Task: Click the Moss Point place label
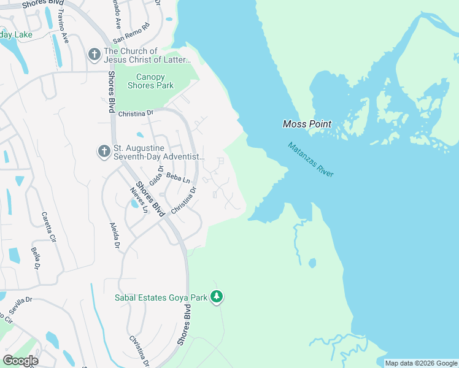point(307,124)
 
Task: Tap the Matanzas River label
point(311,160)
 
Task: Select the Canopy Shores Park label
point(150,81)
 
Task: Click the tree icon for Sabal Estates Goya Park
point(216,297)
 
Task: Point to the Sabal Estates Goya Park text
point(161,298)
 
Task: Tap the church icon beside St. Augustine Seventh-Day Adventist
point(104,150)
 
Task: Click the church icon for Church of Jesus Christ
point(94,55)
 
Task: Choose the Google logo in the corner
point(20,360)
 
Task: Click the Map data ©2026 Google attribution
point(421,363)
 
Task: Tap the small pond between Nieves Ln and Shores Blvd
point(134,204)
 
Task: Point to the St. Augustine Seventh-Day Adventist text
point(158,153)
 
